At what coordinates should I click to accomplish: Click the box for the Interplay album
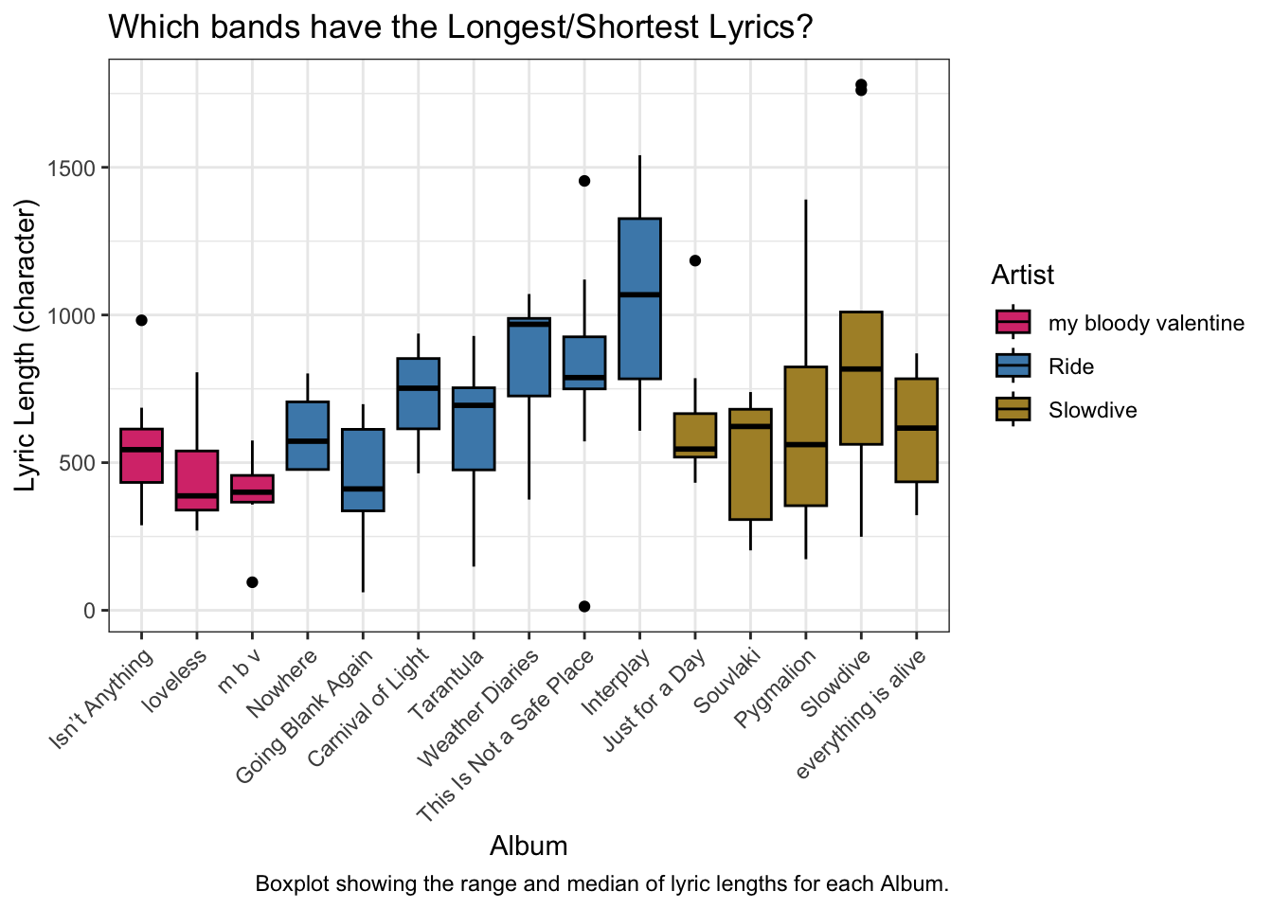(639, 298)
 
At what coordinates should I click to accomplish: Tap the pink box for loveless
(197, 480)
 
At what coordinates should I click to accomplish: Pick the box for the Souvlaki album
(750, 464)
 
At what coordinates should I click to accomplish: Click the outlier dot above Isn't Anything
(141, 320)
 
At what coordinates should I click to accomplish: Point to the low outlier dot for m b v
(252, 582)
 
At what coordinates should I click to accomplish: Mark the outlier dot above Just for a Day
(695, 260)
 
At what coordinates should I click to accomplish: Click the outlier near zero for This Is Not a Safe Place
(584, 606)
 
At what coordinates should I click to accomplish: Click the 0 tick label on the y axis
(89, 611)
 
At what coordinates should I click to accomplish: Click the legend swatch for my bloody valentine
(1013, 323)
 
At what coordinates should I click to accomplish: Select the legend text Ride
(1071, 367)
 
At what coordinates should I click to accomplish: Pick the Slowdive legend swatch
(1013, 410)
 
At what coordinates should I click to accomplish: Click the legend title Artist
(1022, 276)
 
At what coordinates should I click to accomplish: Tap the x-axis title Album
(529, 846)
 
